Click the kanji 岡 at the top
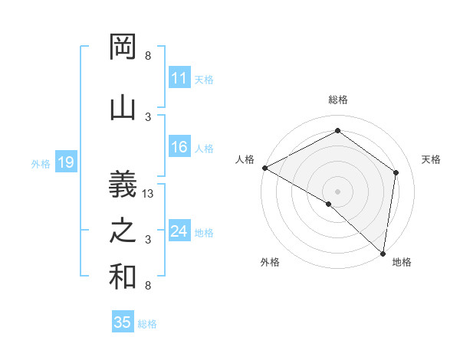pos(123,47)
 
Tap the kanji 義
pos(123,182)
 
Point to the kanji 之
pos(123,231)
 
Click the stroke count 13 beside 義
pos(149,194)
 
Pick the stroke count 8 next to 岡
pos(148,56)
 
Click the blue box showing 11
pos(179,78)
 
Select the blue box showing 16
pos(179,148)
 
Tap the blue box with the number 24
pos(179,231)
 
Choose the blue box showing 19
pos(65,162)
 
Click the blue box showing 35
pos(123,322)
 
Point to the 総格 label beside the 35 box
pos(147,324)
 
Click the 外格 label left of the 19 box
pos(41,163)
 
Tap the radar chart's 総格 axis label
pos(337,100)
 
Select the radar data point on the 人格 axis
pos(264,168)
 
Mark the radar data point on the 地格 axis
pos(383,253)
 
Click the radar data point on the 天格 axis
pos(396,172)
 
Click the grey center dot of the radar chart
pos(337,191)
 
